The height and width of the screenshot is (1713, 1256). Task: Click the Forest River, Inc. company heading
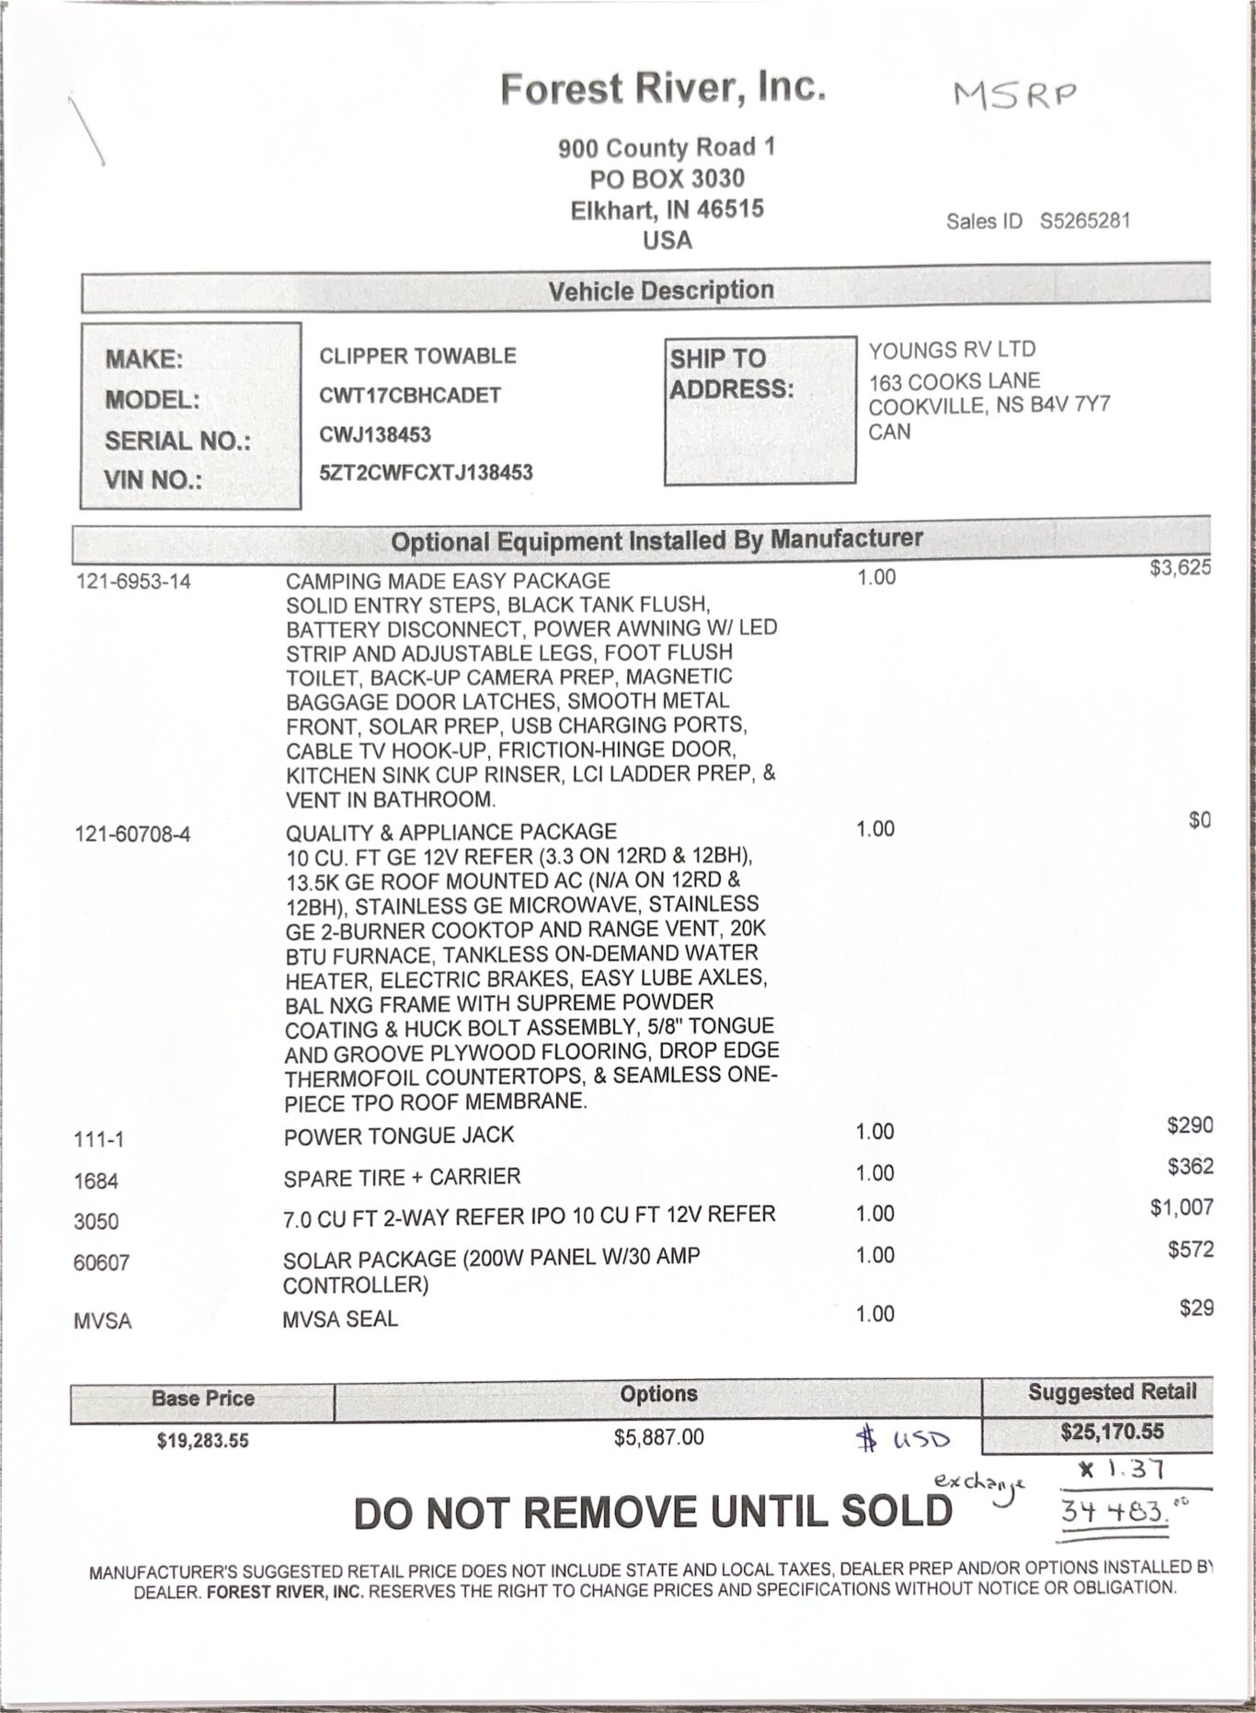pos(662,89)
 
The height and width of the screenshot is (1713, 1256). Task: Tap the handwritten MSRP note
pos(1013,94)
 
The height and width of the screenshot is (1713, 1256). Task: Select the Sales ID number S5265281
pos(1085,222)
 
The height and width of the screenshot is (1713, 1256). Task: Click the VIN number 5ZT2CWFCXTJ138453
pos(426,473)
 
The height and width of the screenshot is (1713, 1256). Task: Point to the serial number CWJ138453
pos(375,434)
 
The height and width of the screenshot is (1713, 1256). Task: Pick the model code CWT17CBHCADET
pos(410,395)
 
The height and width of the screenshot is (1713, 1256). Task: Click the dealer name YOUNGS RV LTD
pos(952,349)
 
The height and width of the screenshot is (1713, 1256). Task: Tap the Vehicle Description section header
pos(661,291)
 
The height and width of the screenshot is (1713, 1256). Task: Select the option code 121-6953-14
pos(133,581)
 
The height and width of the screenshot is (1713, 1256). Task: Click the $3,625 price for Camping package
pos(1180,567)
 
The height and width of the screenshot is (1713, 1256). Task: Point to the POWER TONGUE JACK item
pos(399,1136)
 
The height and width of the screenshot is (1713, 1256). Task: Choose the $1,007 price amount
pos(1182,1207)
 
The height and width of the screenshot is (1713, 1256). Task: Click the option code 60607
pos(101,1262)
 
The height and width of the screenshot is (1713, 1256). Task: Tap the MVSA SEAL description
pos(340,1319)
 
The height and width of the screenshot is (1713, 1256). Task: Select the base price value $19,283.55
pos(202,1440)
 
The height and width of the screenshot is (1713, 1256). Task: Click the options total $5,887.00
pos(658,1436)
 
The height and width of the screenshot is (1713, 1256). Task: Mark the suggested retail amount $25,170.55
pos(1112,1432)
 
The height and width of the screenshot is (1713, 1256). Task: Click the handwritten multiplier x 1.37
pos(1122,1470)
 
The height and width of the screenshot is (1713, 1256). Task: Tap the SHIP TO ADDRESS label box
pos(759,409)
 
